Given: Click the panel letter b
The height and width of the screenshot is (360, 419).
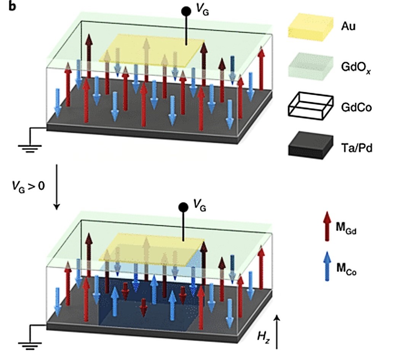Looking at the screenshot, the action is coord(12,6).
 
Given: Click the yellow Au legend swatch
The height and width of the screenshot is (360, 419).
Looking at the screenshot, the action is coord(311,27).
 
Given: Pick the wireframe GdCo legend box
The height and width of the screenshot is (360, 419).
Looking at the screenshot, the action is coord(311,106).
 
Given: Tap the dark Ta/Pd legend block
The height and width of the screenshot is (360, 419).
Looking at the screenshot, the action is coord(311,145).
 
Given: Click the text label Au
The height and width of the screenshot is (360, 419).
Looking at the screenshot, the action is coord(348,26).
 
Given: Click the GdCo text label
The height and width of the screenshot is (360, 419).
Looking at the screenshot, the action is coord(357,107).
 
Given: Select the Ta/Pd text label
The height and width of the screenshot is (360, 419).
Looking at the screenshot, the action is coord(357,148).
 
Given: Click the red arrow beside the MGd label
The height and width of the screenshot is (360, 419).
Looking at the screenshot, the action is coord(326,226).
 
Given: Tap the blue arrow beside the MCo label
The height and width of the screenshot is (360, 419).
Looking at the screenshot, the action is coord(326,266).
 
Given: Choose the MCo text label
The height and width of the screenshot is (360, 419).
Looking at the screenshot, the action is coord(346,268).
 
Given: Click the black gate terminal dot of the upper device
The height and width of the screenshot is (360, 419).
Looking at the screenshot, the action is coord(186,11).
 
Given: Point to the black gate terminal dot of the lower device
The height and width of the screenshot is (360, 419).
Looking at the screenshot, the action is coord(183,207).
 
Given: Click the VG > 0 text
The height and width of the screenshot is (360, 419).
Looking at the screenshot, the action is coord(28,186).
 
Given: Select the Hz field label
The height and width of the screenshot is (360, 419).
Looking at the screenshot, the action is coord(264,336).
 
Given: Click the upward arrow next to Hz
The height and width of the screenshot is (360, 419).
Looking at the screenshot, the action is coord(277,332).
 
